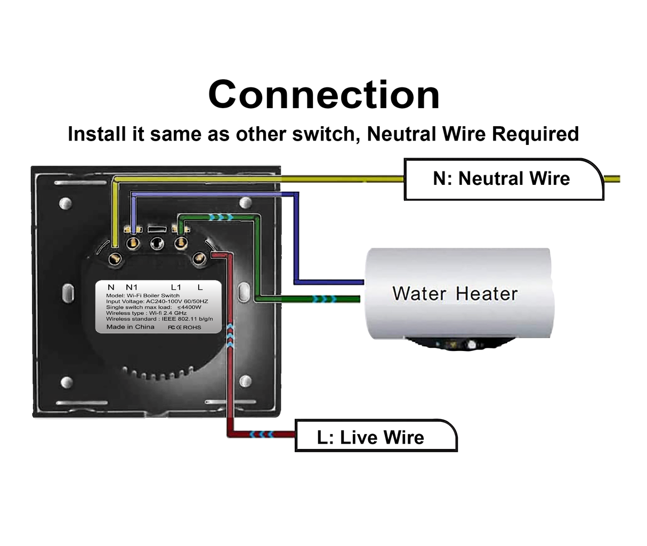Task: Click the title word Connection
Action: coord(323,95)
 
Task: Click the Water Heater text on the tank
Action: coord(455,294)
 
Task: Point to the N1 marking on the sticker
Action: coord(131,287)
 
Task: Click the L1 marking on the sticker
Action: coord(176,287)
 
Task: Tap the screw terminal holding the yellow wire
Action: coord(115,258)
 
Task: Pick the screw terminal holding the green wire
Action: coord(181,243)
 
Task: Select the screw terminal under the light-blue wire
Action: coord(133,243)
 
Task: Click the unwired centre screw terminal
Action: coord(156,243)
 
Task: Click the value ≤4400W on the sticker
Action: coord(189,307)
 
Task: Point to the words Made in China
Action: coord(130,327)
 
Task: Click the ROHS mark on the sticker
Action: coord(192,327)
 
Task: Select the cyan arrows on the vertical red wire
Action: coord(230,336)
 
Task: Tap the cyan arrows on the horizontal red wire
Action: coord(263,434)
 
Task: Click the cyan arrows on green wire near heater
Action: coord(324,299)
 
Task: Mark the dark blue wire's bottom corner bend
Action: coord(296,281)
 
